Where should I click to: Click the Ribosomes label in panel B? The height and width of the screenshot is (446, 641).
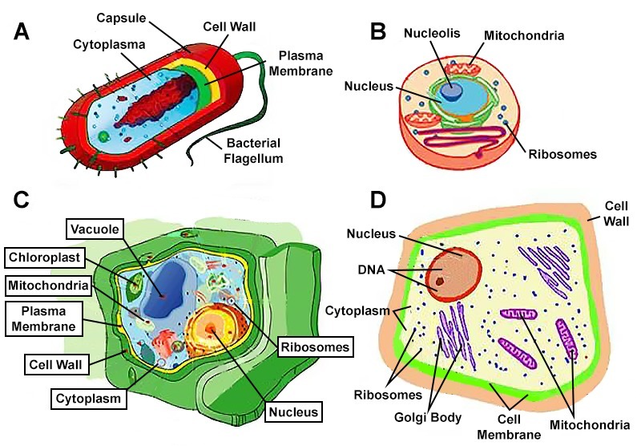click(x=562, y=153)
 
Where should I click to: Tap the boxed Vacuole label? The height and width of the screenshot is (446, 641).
click(x=94, y=230)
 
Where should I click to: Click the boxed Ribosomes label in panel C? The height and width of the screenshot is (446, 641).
click(x=315, y=347)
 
